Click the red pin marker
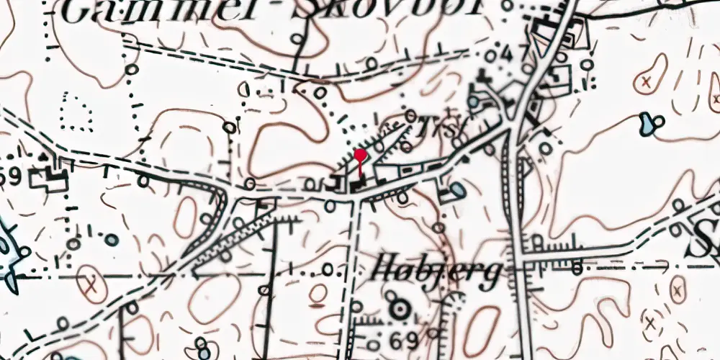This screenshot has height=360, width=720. (360, 156)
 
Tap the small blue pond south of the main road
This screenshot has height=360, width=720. (457, 191)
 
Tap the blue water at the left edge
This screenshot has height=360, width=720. (7, 252)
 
